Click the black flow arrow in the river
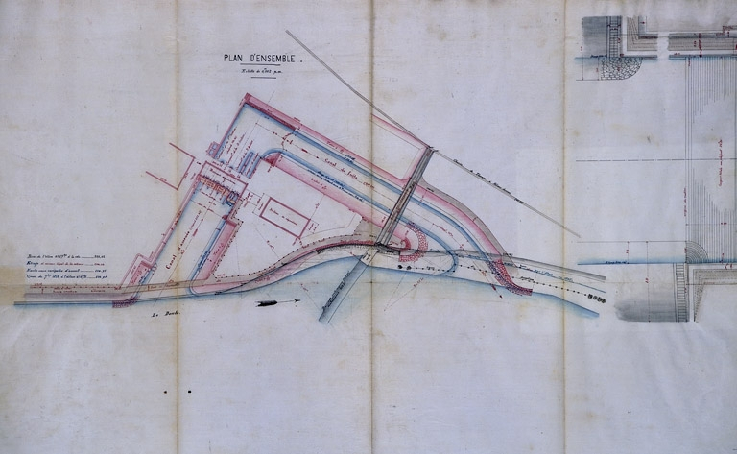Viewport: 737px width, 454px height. (273, 304)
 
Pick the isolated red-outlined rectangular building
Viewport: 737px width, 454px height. (284, 215)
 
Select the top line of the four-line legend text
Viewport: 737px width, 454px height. (66, 256)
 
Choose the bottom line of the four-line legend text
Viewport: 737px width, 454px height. (66, 278)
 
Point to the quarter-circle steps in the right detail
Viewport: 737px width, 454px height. (697, 251)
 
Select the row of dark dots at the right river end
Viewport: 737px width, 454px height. (595, 299)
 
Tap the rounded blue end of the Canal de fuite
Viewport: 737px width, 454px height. (273, 156)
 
